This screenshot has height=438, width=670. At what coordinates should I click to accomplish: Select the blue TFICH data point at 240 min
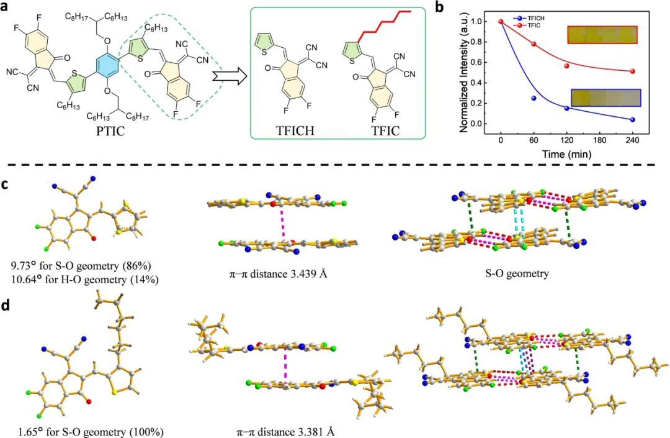[x=632, y=119]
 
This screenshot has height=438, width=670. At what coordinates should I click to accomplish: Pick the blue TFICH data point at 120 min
[x=566, y=108]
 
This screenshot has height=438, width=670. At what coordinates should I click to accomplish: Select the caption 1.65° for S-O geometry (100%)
[x=76, y=429]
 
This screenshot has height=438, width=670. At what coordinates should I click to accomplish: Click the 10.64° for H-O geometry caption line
[x=81, y=280]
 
